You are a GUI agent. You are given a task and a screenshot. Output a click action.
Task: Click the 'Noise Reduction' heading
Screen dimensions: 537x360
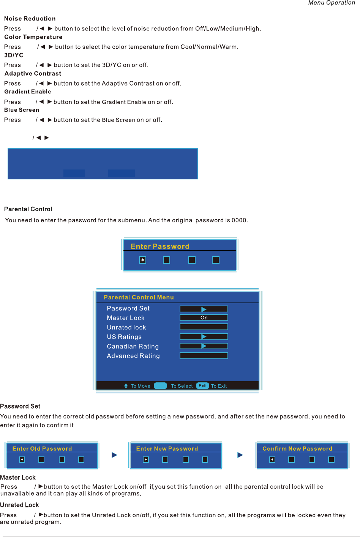click(30, 19)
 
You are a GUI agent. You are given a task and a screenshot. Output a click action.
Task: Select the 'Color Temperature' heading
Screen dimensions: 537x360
click(33, 37)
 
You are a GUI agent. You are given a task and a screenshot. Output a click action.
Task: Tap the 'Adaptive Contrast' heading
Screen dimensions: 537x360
click(33, 73)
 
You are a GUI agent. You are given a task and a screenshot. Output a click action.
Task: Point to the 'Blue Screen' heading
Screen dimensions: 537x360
click(22, 110)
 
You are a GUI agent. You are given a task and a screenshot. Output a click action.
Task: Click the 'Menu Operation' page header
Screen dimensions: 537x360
click(332, 3)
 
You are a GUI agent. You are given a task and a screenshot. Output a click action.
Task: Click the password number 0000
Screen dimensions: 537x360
click(239, 220)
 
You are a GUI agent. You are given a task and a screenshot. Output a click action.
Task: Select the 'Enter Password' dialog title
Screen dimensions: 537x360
click(160, 246)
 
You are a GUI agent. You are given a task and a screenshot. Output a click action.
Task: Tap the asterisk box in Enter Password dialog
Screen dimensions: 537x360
click(143, 260)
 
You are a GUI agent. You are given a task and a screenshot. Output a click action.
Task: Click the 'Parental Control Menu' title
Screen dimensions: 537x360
click(139, 297)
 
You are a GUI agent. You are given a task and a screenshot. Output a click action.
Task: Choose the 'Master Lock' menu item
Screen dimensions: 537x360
click(126, 318)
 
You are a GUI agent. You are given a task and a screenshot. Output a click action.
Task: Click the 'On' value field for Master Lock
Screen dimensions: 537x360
click(204, 318)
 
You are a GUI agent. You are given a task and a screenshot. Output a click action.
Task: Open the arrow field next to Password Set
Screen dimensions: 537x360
click(204, 309)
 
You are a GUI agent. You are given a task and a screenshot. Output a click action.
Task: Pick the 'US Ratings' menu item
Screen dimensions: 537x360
click(124, 337)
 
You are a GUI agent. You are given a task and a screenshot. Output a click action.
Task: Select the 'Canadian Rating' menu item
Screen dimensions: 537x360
click(133, 346)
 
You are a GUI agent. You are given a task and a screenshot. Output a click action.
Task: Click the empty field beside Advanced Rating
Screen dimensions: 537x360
click(204, 356)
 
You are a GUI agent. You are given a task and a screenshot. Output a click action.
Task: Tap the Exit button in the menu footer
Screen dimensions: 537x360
click(203, 386)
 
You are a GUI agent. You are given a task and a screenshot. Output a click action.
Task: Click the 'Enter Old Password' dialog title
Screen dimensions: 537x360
click(42, 448)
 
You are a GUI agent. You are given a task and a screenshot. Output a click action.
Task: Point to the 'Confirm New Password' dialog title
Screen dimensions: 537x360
click(297, 448)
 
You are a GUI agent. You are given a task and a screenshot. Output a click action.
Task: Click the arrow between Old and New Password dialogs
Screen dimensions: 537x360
click(114, 455)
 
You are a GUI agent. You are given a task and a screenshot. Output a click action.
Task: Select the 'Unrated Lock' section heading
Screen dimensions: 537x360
click(19, 505)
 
